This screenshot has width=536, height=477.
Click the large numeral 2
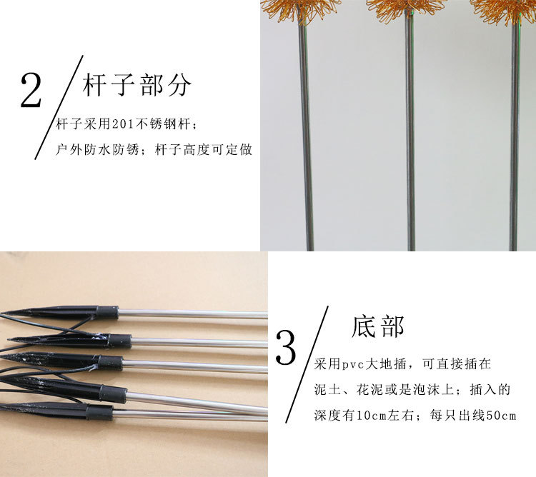[x=31, y=91]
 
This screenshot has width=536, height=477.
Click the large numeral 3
[x=286, y=348]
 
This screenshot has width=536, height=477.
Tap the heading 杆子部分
[x=137, y=84]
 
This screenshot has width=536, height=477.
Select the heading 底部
[x=378, y=326]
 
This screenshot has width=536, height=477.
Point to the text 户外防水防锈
[x=97, y=149]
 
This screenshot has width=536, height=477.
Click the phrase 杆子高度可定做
[x=204, y=149]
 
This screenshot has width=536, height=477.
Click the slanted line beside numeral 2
[x=59, y=107]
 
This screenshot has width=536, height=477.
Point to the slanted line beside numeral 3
[x=307, y=364]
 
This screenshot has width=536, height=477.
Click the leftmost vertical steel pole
[x=306, y=136]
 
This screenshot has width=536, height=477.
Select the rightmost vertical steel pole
[x=514, y=136]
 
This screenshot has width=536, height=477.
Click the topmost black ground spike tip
[x=1, y=313]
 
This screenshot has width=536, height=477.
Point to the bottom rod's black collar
[x=99, y=412]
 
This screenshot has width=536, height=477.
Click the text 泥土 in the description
[x=327, y=390]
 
